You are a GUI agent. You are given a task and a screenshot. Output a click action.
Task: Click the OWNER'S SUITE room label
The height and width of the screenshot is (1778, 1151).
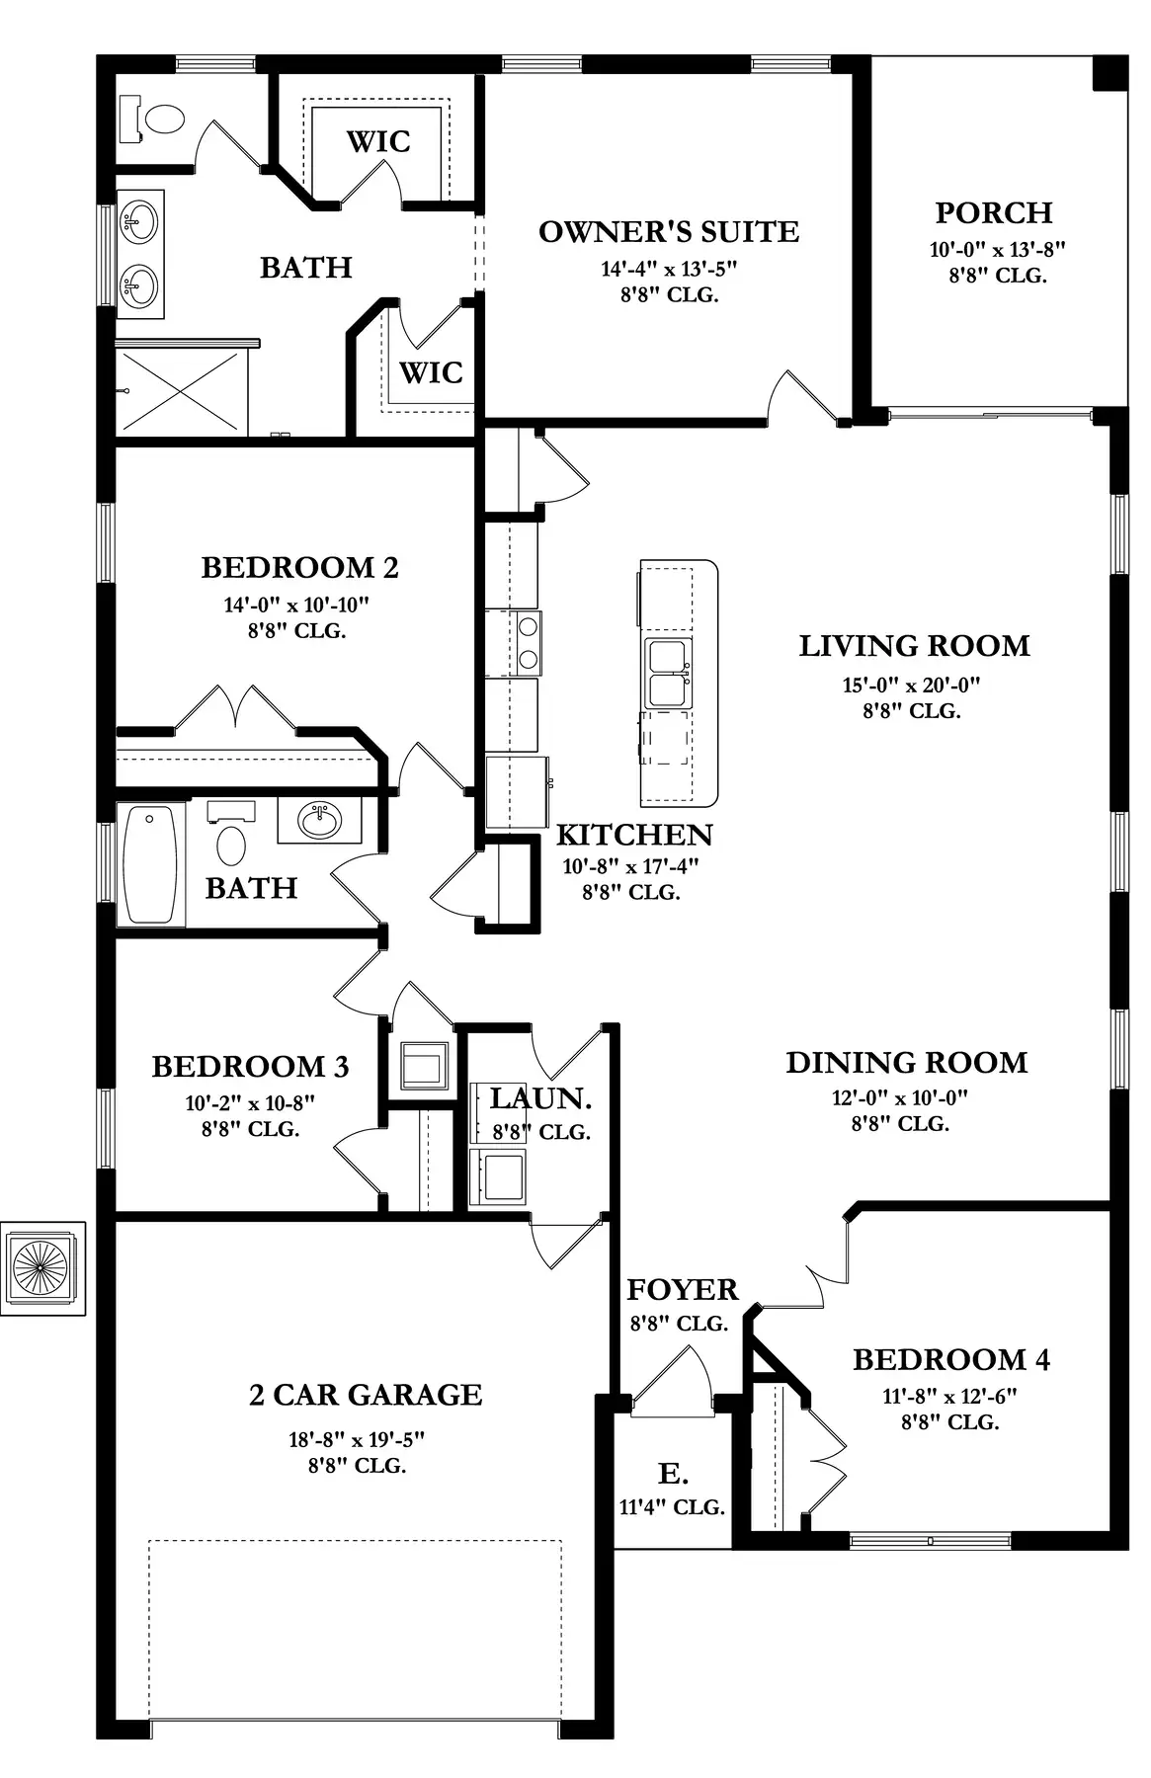(669, 232)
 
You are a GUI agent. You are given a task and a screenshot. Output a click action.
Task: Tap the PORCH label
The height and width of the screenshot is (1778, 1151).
(994, 212)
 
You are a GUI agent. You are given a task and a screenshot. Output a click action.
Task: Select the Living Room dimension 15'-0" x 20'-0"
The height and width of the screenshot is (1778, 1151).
(911, 685)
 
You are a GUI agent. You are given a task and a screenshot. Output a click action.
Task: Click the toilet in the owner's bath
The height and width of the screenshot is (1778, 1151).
(152, 119)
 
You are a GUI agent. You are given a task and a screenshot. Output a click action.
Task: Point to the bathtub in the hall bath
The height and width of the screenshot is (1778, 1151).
(151, 865)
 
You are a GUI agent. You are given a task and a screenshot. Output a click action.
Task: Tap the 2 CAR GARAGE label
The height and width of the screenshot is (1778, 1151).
(366, 1394)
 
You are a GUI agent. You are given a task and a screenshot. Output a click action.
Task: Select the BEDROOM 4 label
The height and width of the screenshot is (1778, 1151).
(951, 1359)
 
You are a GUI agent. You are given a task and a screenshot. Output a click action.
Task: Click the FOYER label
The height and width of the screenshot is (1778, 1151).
(682, 1289)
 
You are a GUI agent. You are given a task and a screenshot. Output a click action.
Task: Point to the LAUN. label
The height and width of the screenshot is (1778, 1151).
(540, 1097)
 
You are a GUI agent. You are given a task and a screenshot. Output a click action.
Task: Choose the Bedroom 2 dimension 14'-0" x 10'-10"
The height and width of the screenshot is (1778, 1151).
(296, 605)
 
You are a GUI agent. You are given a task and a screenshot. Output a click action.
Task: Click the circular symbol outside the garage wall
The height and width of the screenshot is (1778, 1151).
(41, 1268)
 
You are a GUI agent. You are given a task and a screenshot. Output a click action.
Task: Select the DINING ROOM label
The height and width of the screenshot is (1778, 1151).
(906, 1063)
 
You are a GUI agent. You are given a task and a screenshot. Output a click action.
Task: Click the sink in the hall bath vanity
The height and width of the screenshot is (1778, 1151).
(318, 820)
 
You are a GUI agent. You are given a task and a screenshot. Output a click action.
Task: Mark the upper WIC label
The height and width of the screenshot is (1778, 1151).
(378, 141)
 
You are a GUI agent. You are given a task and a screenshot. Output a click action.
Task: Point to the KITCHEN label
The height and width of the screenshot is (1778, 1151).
(634, 835)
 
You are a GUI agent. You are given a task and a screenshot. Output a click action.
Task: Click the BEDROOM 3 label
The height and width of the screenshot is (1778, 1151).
(250, 1066)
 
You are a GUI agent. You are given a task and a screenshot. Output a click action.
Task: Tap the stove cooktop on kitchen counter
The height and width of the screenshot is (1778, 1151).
(528, 642)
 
